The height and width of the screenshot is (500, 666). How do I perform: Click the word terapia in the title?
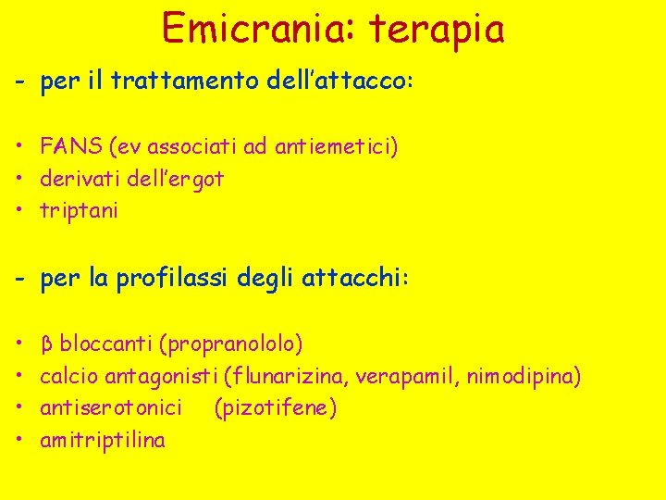click(x=438, y=30)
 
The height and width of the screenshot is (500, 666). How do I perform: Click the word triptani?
click(x=79, y=211)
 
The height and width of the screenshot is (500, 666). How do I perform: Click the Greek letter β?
click(x=46, y=344)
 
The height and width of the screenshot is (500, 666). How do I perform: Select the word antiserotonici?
click(x=111, y=408)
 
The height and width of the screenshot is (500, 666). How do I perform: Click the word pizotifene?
click(x=275, y=408)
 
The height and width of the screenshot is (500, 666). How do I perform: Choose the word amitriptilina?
click(x=103, y=441)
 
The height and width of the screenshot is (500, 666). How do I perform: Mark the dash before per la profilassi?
click(x=19, y=279)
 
